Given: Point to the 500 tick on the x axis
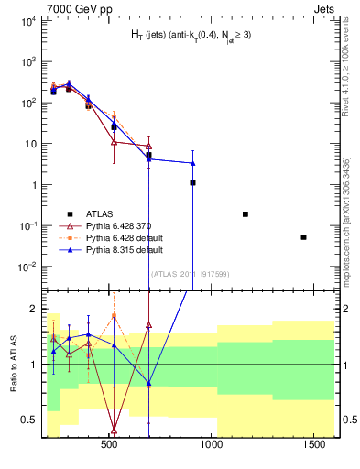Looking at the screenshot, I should [x=109, y=445].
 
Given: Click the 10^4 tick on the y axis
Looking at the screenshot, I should [x=27, y=20].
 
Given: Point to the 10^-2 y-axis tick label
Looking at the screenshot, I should [x=27, y=267].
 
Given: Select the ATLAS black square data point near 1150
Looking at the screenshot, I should [x=245, y=213].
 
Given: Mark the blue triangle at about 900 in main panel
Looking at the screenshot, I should [x=192, y=163].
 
